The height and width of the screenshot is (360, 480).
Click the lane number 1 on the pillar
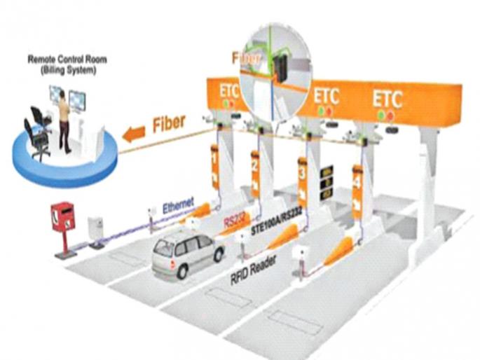tap(215, 160)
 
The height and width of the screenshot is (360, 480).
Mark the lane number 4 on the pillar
tap(357, 181)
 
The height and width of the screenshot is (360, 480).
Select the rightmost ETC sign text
tap(387, 98)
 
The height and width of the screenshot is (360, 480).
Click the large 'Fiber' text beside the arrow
tap(169, 123)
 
